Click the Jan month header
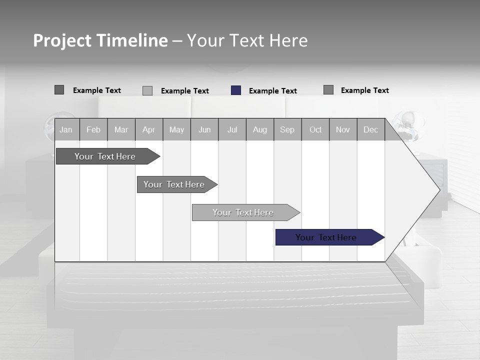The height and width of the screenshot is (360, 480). point(66,129)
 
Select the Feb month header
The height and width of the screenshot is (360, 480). point(93,129)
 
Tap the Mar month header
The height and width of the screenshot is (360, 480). point(121,129)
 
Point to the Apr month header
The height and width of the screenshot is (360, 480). point(149,129)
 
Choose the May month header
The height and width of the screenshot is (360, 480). point(176,129)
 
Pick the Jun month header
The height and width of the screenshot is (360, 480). point(204,129)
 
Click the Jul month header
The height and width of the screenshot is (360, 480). point(232,129)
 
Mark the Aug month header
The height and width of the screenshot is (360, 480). point(260,129)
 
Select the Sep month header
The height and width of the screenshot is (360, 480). point(287,129)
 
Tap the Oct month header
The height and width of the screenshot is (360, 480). point(315,129)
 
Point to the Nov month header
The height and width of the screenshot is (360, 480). point(343,129)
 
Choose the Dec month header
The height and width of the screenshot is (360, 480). point(371,129)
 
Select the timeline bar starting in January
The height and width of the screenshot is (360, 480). point(105,156)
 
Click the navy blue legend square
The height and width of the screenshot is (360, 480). point(236,90)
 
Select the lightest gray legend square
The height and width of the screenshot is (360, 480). point(147,90)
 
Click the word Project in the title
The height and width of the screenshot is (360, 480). point(62,40)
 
